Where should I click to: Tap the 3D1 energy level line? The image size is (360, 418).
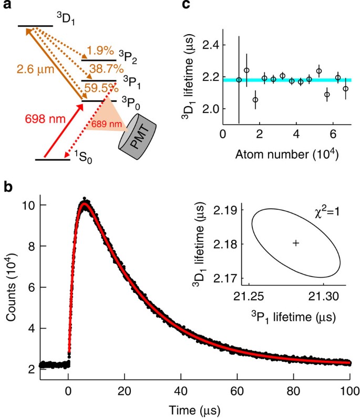point(34,26)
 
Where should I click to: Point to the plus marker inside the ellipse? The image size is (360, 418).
point(296,243)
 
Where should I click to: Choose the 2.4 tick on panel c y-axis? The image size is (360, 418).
point(210,45)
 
